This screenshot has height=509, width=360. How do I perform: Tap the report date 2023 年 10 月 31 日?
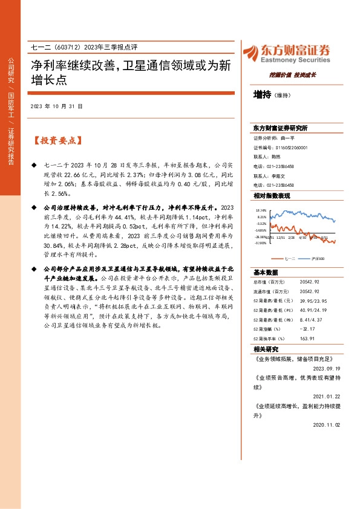click(56, 106)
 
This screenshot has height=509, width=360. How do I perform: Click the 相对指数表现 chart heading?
click(272, 196)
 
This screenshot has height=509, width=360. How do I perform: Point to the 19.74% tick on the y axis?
click(262, 210)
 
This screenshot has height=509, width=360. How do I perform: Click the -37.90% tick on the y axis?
click(261, 244)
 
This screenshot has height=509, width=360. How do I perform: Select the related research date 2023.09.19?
click(327, 368)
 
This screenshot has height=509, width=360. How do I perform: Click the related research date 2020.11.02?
click(327, 425)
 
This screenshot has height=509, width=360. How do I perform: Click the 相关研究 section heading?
click(266, 349)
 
